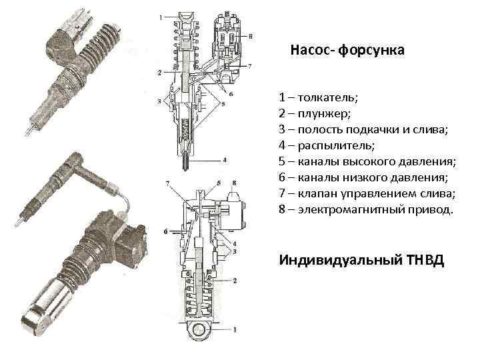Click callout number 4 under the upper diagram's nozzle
[x=225, y=160]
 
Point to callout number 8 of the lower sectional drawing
[x=234, y=182]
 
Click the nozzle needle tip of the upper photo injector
[x=27, y=129]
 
